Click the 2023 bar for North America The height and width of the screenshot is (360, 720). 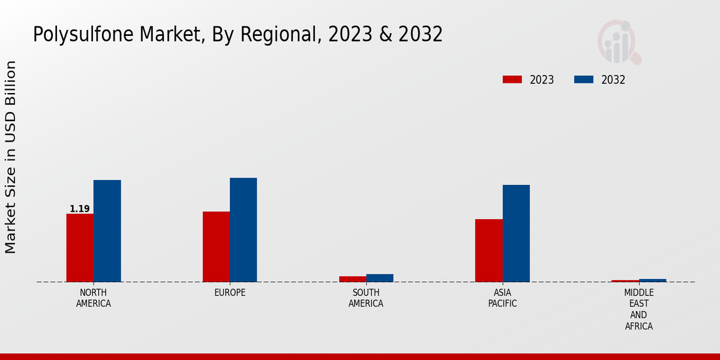(80, 247)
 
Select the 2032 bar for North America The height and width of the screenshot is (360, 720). (107, 230)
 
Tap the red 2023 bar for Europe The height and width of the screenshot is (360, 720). (216, 246)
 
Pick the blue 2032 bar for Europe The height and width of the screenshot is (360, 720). (243, 229)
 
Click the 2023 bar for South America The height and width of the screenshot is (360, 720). (352, 279)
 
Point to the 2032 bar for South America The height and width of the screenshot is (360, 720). (380, 278)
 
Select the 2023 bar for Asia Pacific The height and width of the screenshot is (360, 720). (489, 250)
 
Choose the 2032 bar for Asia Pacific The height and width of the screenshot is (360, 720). (516, 233)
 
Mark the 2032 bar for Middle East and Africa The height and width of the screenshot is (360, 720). (652, 280)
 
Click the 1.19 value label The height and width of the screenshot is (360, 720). (80, 209)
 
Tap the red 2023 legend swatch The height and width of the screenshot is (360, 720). (512, 80)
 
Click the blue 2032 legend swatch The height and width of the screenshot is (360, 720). (584, 80)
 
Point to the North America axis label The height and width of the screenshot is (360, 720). (94, 298)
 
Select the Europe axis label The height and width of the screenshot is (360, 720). (230, 293)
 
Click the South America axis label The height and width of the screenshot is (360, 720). (366, 298)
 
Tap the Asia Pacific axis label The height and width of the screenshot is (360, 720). (503, 298)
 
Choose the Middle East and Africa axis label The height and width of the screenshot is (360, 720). (638, 310)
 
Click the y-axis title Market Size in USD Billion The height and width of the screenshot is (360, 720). (11, 157)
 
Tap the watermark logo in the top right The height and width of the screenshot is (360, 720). (619, 42)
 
